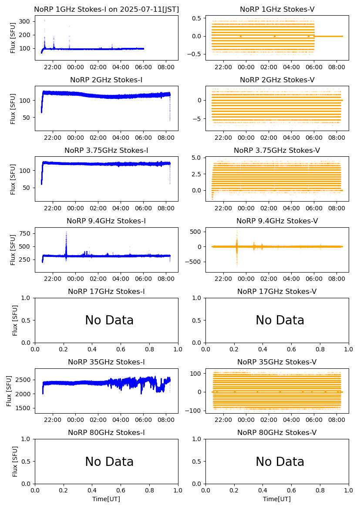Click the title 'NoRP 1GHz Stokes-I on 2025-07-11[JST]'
coord(106,9)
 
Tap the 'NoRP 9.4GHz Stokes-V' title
coord(277,221)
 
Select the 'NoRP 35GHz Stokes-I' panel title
coord(106,362)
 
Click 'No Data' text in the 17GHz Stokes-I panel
coord(109,320)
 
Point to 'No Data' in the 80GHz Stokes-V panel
coord(280,462)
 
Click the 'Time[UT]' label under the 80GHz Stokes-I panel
coord(106,499)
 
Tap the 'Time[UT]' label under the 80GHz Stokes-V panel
coord(277,499)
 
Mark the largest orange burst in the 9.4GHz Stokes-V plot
coord(237,246)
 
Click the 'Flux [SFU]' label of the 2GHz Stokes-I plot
coord(13,108)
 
